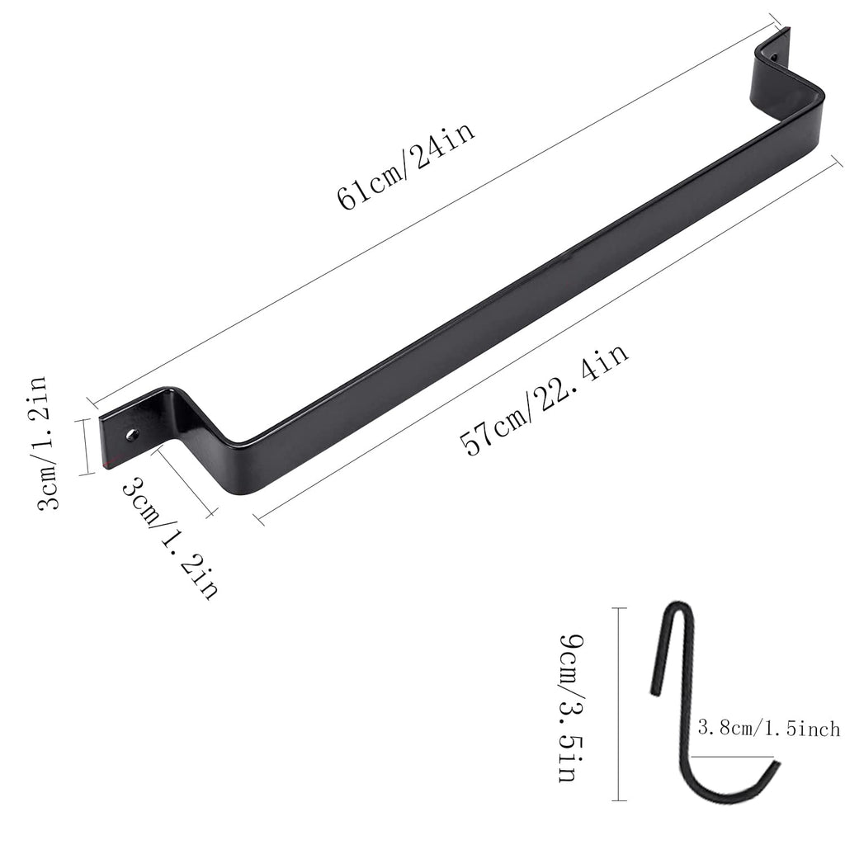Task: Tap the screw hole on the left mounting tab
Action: pos(130,432)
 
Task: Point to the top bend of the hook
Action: pos(678,611)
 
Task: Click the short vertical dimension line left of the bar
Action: pos(86,446)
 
